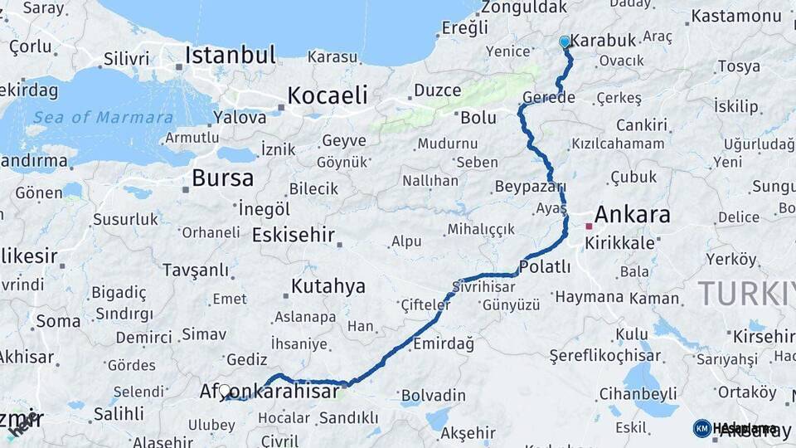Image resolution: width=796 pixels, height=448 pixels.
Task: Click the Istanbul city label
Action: tap(230, 56)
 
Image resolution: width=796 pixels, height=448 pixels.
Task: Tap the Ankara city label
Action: tap(632, 215)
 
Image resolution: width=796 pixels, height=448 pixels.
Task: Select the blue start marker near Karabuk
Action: tap(565, 41)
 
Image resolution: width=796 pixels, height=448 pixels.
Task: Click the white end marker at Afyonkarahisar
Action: tap(225, 390)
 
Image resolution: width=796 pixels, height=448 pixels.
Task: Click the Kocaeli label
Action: tap(327, 95)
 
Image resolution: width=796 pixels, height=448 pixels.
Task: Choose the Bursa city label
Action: tap(222, 178)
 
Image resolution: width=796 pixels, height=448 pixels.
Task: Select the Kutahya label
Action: tap(328, 286)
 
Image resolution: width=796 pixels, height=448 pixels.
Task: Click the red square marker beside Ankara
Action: tap(589, 225)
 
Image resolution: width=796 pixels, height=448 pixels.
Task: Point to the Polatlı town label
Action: tap(545, 266)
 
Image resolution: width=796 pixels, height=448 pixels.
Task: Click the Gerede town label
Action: tap(547, 98)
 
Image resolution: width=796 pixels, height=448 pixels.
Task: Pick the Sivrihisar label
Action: tap(483, 286)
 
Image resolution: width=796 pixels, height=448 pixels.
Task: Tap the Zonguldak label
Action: tap(524, 7)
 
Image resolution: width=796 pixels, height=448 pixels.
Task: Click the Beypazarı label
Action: tap(529, 186)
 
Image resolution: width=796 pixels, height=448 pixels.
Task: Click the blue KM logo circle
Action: tap(701, 428)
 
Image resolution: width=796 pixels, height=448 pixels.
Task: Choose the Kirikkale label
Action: tap(619, 243)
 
